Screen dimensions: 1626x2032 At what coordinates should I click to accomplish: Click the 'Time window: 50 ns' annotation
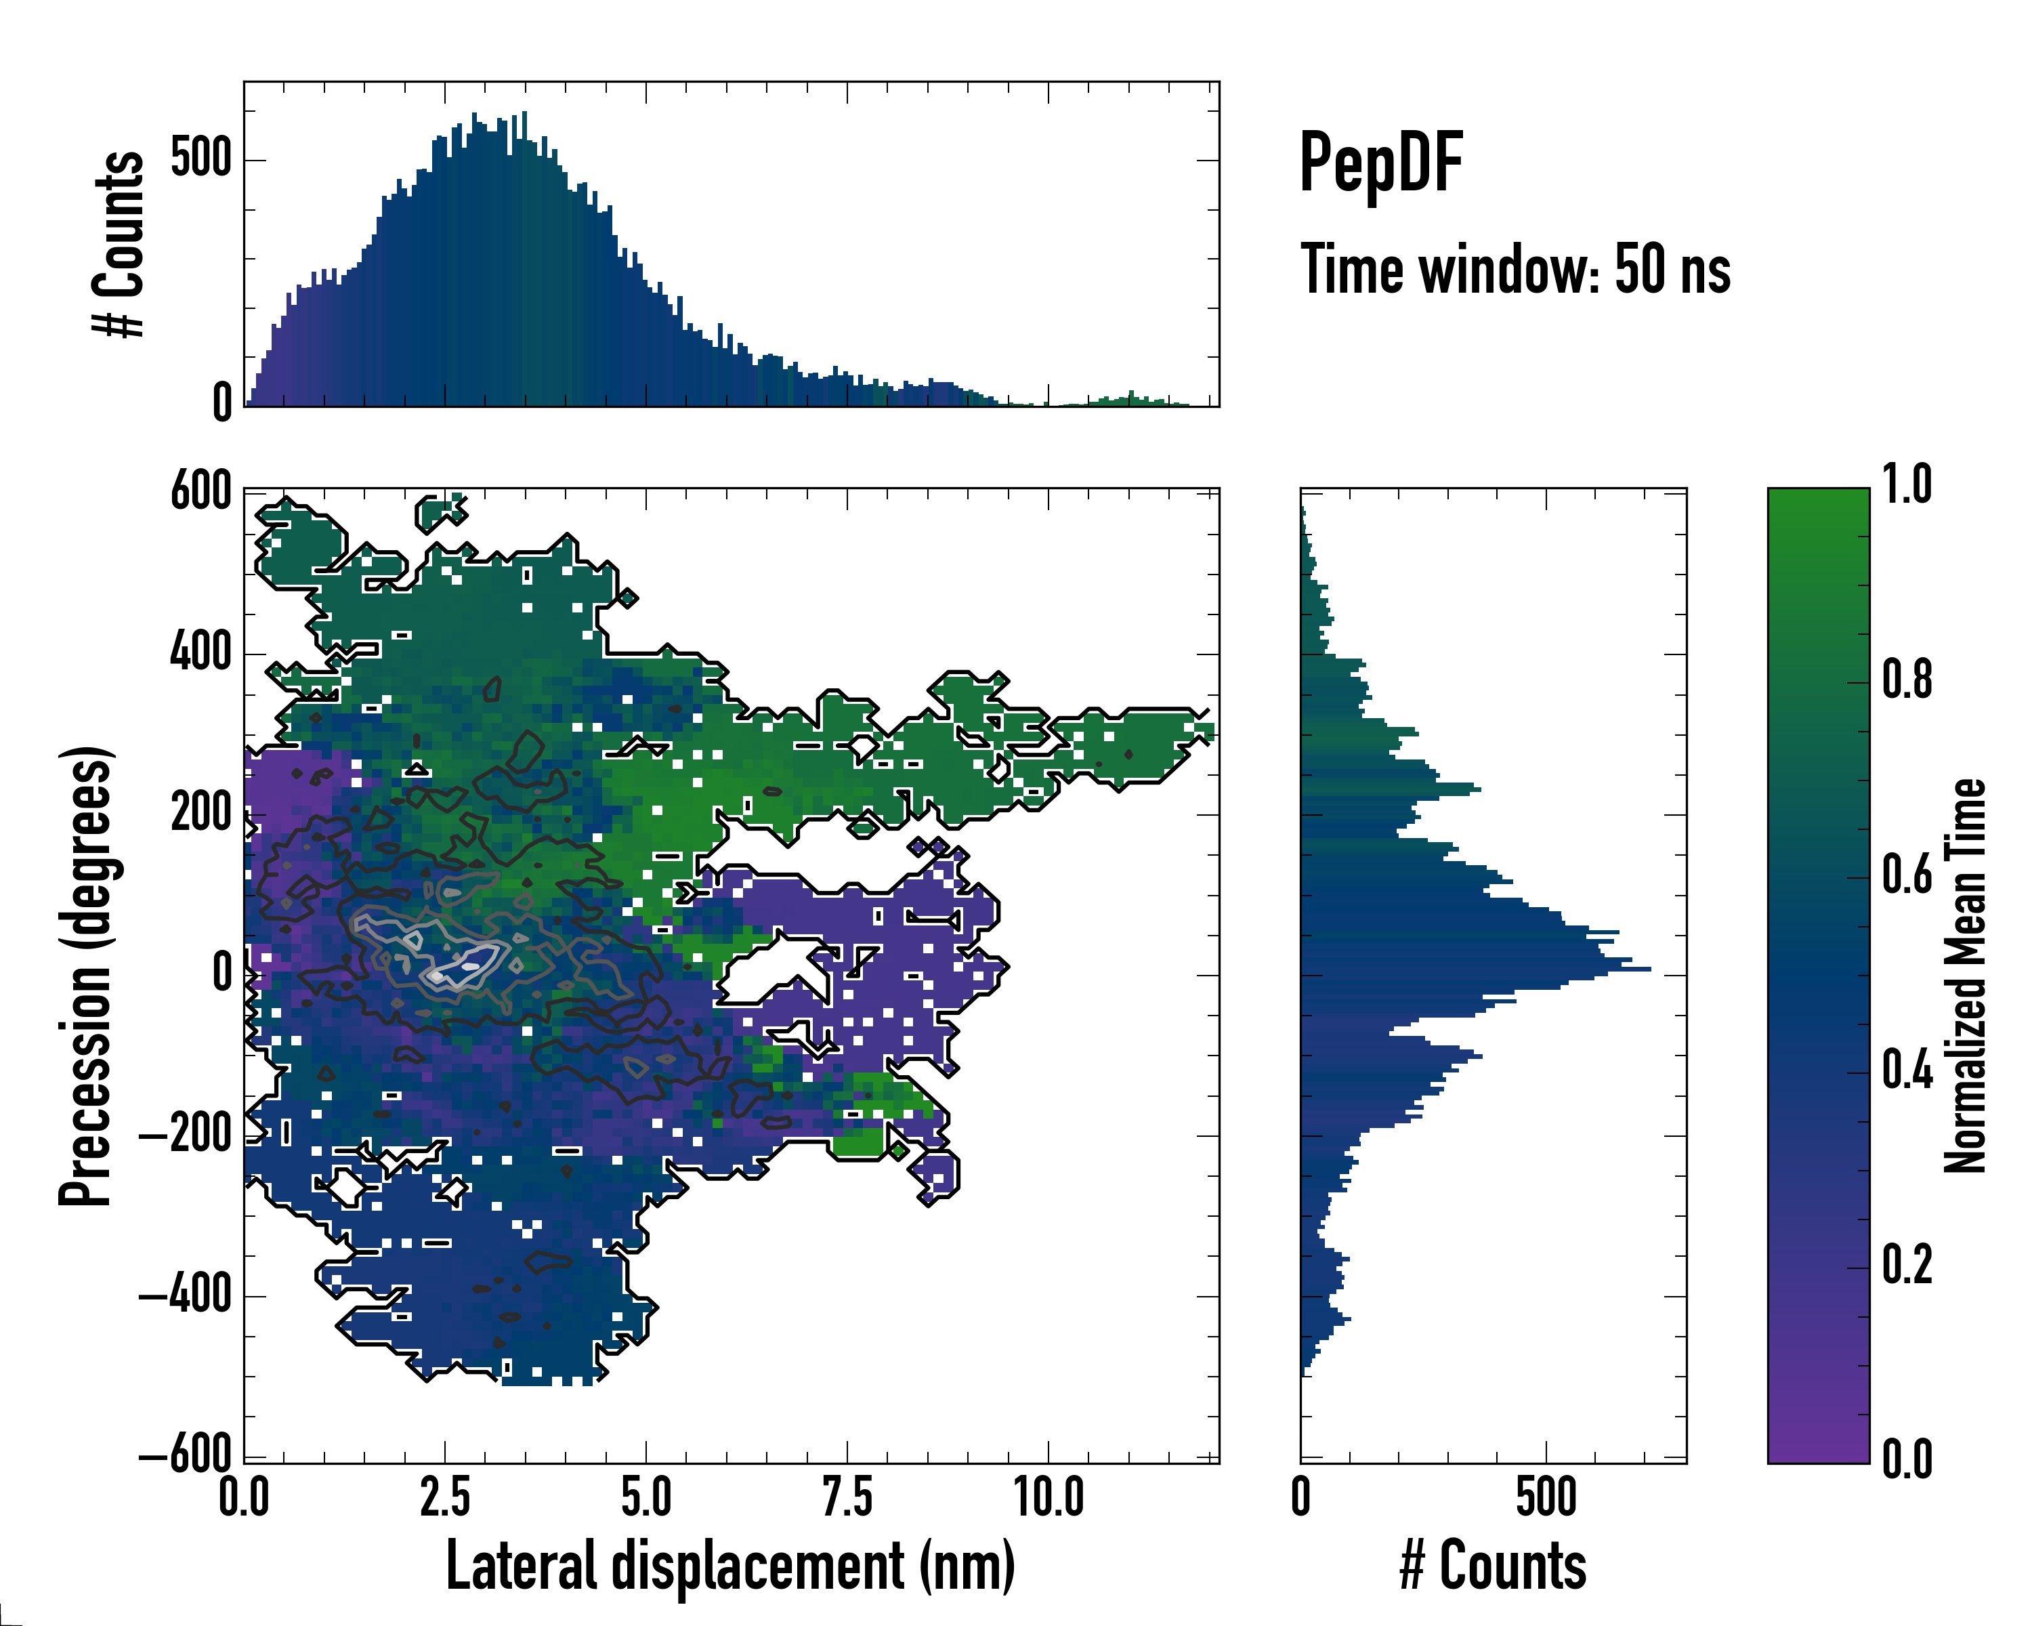(x=1515, y=270)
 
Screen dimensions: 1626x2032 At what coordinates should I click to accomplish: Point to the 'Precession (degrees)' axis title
(x=87, y=976)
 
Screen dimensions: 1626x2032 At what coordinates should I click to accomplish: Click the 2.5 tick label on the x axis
(x=445, y=1497)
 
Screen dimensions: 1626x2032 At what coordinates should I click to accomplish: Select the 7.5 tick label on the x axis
(x=847, y=1497)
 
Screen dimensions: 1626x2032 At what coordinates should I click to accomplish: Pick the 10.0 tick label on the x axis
(x=1048, y=1497)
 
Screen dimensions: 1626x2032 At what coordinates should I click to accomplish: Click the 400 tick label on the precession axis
(x=200, y=652)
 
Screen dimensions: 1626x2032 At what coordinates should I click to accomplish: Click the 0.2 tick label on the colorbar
(x=1907, y=1264)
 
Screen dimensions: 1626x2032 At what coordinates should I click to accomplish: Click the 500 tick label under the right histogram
(x=1546, y=1497)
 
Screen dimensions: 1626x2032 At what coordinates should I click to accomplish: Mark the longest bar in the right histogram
(x=1475, y=969)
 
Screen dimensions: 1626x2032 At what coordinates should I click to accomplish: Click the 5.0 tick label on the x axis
(x=645, y=1497)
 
